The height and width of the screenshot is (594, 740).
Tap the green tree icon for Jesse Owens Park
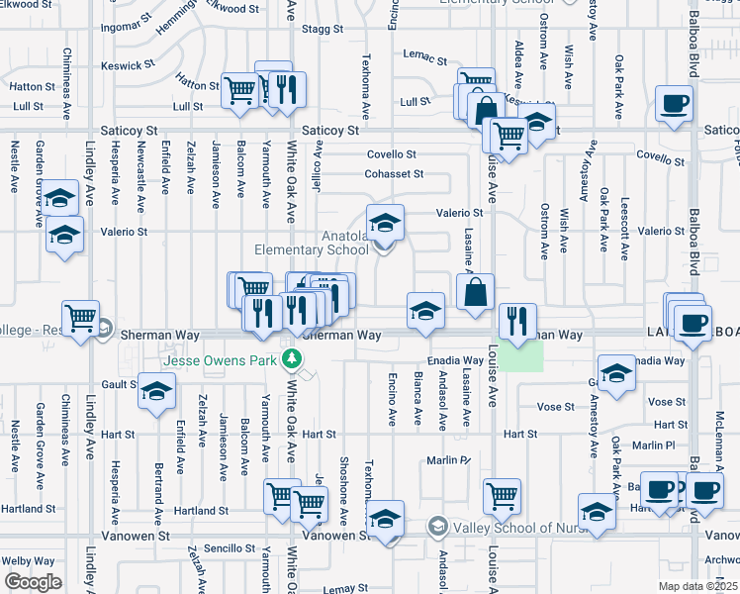(290, 357)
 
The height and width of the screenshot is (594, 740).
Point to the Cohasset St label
(395, 173)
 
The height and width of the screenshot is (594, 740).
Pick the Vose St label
(555, 406)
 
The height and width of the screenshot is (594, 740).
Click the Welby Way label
(28, 560)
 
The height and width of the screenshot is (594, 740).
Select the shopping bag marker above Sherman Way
(476, 292)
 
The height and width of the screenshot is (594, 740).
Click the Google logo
(33, 582)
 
